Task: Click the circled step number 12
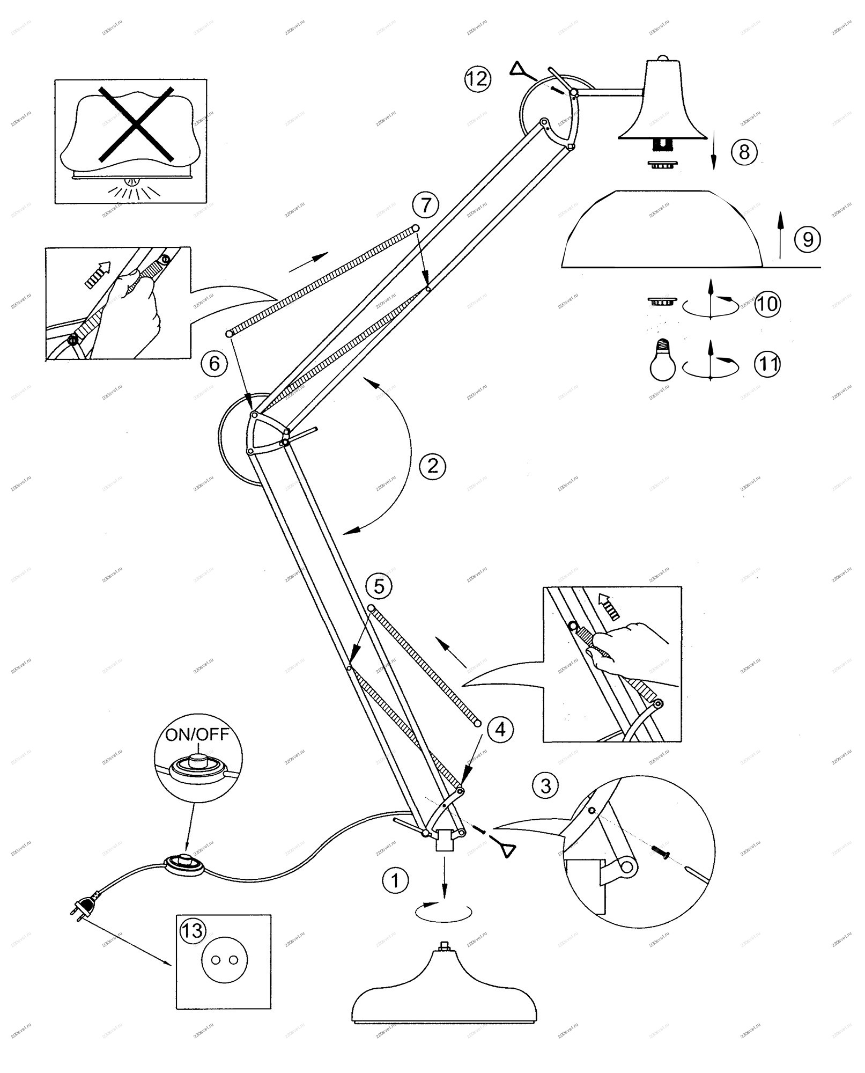click(477, 79)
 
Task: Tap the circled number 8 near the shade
click(744, 152)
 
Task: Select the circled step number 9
click(807, 239)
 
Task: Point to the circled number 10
click(767, 304)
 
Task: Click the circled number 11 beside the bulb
click(767, 365)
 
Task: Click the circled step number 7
click(425, 205)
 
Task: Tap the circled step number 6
click(214, 363)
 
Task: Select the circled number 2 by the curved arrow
click(432, 465)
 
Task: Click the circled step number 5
click(379, 586)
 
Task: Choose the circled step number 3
click(545, 786)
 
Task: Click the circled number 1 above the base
click(395, 879)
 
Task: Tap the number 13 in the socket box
click(191, 930)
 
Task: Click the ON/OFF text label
click(197, 734)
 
